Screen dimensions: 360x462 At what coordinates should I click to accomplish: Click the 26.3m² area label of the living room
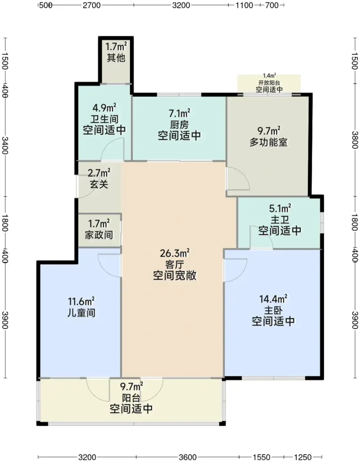coord(175,253)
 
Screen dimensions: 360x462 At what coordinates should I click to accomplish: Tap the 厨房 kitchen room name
coord(179,125)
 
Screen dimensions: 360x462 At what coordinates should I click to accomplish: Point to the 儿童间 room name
coord(81,313)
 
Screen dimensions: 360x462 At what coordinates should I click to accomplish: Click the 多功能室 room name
coord(268,142)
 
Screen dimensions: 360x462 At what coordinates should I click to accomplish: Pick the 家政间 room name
coord(99,235)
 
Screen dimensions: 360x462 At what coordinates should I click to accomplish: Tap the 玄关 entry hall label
coord(99,184)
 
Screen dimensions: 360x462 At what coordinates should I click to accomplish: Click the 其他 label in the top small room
coord(116,58)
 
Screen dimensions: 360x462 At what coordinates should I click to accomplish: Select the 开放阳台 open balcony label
coord(269,83)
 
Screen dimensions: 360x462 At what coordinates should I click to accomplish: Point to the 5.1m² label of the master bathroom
coord(280,209)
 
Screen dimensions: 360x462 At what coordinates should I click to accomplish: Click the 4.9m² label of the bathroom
coord(104,108)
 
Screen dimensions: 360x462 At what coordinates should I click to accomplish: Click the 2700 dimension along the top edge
coord(92,5)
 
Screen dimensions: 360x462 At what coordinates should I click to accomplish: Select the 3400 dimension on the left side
coord(5,146)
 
